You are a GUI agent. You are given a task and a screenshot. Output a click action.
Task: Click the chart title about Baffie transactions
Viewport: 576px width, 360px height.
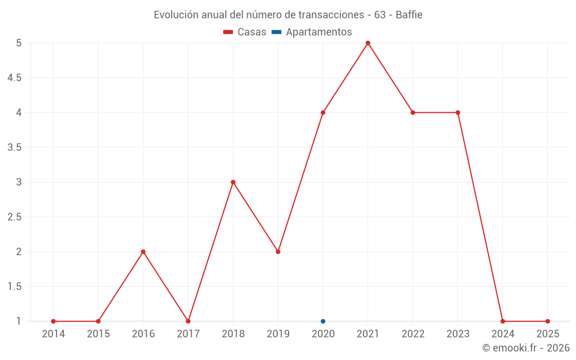pos(288,15)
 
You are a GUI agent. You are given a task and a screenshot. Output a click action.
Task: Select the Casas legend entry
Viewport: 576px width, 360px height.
pos(245,32)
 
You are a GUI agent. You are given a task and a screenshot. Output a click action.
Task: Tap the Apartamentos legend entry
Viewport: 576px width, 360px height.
pos(312,32)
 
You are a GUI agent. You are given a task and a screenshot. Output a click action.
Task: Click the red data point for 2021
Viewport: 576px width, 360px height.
pos(367,43)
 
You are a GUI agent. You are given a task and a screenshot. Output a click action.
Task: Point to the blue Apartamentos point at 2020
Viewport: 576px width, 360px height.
pos(323,321)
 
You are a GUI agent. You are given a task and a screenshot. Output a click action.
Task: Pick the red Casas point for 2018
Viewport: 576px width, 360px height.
pos(233,182)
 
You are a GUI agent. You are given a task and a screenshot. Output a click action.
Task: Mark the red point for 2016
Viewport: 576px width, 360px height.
pos(143,252)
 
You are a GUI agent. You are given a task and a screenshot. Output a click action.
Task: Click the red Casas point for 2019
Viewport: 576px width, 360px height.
pos(278,252)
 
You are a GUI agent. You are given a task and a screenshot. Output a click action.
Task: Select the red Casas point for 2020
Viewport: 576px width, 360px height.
pos(323,112)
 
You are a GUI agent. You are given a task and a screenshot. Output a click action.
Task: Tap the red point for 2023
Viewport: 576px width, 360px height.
pos(457,112)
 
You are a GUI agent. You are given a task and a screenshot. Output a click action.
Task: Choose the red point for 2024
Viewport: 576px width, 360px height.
pos(502,321)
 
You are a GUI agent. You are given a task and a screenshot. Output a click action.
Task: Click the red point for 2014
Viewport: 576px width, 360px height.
pos(53,321)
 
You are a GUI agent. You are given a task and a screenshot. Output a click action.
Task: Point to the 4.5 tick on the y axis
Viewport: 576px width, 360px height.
pos(14,78)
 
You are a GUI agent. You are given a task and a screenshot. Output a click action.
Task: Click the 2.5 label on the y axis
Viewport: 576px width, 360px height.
pos(14,217)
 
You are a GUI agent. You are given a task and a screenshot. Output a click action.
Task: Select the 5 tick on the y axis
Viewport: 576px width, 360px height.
pos(18,43)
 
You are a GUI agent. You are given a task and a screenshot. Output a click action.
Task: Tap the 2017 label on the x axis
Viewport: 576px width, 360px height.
pos(188,334)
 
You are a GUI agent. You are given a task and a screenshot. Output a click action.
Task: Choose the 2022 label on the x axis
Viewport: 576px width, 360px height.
pos(412,334)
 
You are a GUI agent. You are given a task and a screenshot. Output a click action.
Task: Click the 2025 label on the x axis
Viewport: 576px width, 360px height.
pos(547,334)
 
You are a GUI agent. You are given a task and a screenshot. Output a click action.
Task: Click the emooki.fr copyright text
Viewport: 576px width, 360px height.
pos(525,348)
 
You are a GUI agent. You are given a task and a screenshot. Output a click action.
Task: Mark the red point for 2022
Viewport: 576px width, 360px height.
pos(412,112)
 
